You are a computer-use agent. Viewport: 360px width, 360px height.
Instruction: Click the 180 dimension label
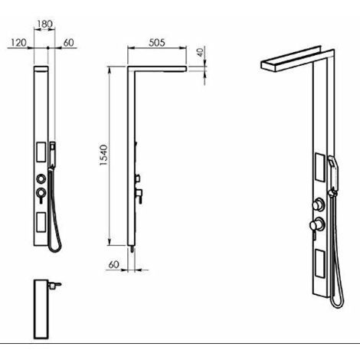click(45, 25)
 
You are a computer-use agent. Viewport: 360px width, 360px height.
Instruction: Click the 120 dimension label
click(18, 43)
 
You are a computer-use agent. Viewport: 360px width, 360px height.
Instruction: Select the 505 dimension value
click(157, 43)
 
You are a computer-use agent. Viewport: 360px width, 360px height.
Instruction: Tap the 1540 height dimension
click(103, 155)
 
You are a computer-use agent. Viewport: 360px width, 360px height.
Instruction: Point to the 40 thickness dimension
click(201, 52)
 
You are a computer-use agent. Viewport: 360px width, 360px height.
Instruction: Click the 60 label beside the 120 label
click(68, 43)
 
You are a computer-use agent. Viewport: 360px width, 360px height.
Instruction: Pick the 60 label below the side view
click(113, 264)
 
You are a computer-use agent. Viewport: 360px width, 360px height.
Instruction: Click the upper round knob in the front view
click(41, 178)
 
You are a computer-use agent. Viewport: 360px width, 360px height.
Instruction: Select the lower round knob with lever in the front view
click(41, 195)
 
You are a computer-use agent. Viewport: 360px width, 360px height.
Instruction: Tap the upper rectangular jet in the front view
click(41, 152)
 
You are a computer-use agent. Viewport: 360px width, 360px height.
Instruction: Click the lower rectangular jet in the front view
click(41, 222)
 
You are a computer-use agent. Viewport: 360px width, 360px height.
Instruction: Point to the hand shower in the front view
click(53, 155)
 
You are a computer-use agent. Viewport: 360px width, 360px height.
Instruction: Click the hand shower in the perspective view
click(333, 175)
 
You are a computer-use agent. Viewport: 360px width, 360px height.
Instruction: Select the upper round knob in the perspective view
click(319, 205)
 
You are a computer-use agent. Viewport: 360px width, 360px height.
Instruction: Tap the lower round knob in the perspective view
click(317, 224)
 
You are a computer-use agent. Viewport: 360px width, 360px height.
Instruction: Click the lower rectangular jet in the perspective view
click(319, 264)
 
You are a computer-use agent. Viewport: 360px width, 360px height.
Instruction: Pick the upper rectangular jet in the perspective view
click(319, 167)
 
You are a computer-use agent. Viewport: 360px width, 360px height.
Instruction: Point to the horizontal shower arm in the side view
click(157, 69)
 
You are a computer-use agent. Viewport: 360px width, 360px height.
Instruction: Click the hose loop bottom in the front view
click(54, 251)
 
